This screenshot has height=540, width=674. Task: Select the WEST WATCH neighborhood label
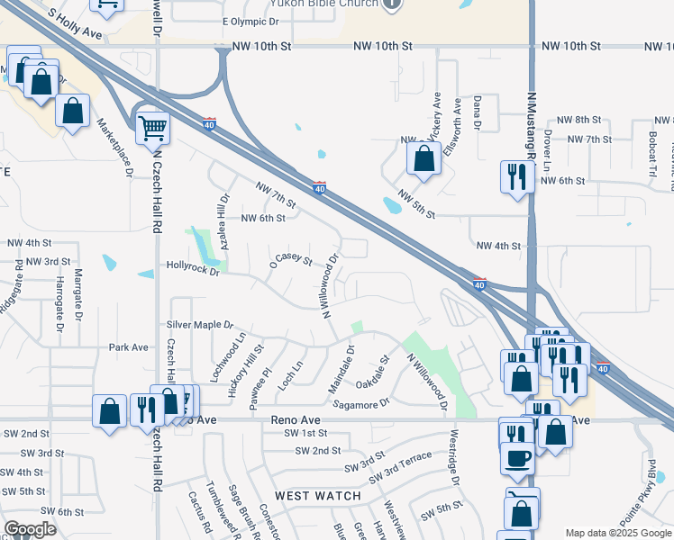318,496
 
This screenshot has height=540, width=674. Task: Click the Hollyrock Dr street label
193,265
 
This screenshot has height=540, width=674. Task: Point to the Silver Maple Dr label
200,324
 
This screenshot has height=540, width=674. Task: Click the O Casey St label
290,261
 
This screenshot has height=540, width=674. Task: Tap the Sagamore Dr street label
361,403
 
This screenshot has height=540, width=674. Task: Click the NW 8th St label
578,120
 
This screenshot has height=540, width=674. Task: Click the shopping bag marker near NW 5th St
424,158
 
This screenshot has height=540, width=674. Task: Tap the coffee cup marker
517,457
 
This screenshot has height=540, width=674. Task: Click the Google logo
30,529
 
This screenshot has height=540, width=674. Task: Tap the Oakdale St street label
373,372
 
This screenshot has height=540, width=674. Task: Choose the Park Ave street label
128,346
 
